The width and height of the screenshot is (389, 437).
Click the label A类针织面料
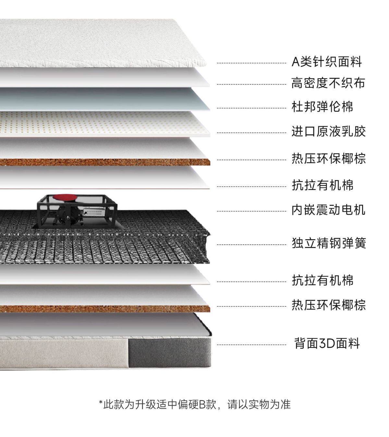326,62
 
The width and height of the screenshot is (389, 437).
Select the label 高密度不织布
328,83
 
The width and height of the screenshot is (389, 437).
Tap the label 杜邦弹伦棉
322,107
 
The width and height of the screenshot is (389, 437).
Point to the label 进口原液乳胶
328,132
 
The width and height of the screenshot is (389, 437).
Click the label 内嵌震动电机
328,210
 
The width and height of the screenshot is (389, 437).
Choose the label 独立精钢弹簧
329,243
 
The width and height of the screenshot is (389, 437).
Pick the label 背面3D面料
327,343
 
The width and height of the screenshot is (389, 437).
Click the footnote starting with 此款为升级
195,404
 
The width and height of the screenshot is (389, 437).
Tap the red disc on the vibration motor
64,197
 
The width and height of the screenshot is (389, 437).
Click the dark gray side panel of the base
169,353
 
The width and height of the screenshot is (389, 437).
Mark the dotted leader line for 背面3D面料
251,345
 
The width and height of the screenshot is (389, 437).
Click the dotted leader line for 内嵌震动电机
251,211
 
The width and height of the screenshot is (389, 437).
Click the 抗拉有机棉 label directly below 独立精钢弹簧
322,280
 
